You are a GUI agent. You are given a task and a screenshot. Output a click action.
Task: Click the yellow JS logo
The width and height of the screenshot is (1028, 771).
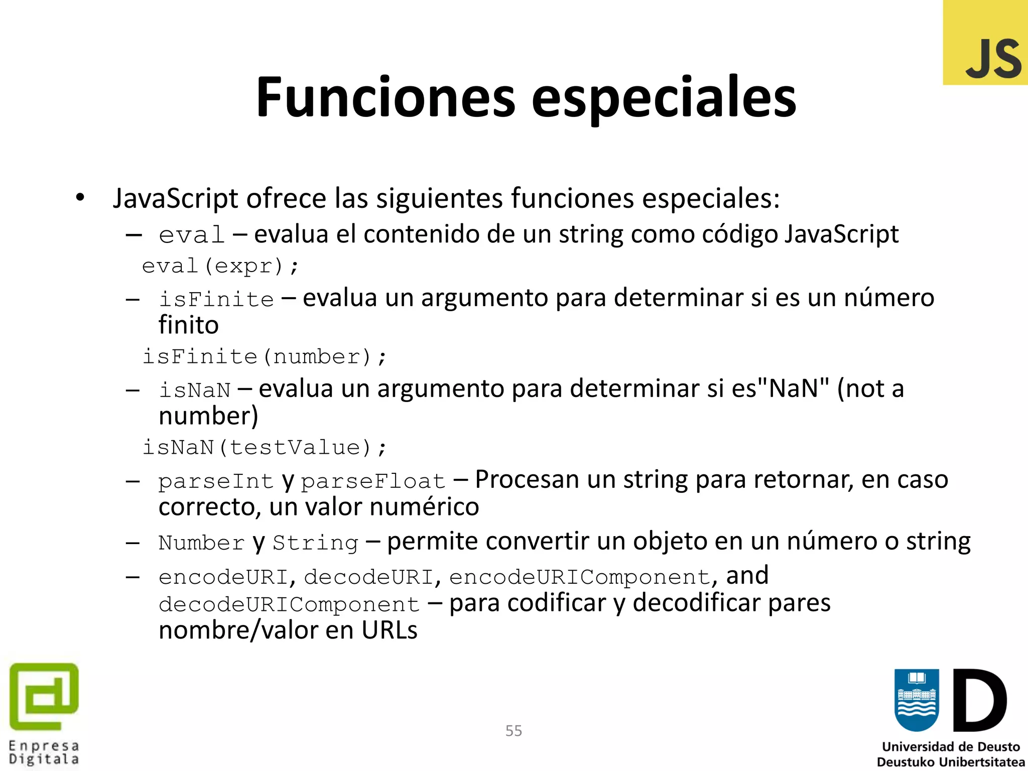(x=985, y=43)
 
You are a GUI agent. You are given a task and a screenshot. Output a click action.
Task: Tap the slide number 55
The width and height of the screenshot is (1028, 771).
(x=513, y=731)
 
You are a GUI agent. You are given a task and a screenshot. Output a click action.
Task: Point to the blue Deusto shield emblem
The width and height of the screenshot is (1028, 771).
(x=917, y=700)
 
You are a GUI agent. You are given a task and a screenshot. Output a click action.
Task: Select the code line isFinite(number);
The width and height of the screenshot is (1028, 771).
(x=265, y=357)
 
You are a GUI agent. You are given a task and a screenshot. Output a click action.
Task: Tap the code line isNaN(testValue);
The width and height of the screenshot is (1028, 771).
(x=265, y=447)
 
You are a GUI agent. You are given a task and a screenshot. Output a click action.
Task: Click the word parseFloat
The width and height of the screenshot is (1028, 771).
(x=373, y=481)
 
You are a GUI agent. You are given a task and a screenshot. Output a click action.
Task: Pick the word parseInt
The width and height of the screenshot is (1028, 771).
(x=216, y=481)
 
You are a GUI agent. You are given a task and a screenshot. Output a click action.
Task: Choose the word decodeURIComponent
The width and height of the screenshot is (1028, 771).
(x=289, y=604)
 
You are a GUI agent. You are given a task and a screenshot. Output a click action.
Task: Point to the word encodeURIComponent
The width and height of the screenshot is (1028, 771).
(x=580, y=577)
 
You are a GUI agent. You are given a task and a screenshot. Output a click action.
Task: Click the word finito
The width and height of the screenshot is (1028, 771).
(x=189, y=325)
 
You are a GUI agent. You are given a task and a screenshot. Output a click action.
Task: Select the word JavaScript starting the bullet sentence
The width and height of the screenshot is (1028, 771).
(x=175, y=198)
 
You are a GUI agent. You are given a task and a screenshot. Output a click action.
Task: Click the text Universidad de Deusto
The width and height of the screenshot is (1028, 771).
(x=951, y=746)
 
